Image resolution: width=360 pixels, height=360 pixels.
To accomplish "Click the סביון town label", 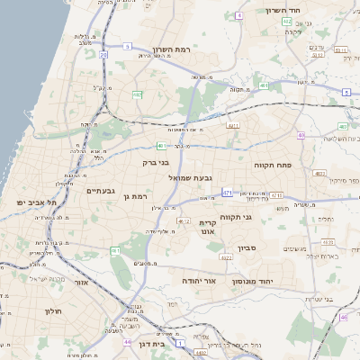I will pyautogui.click(x=247, y=248).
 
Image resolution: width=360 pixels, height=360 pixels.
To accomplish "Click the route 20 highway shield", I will pyautogui.click(x=103, y=55).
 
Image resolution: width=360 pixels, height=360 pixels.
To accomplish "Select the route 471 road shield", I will pyautogui.click(x=228, y=193).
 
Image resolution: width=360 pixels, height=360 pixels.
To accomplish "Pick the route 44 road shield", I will pyautogui.click(x=129, y=343).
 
